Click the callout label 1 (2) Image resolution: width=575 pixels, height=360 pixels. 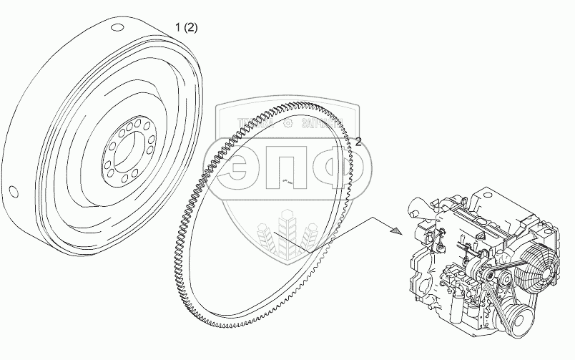click(187, 28)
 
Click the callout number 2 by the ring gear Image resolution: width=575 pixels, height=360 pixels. click(358, 142)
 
